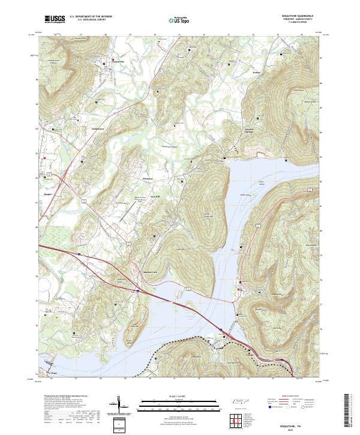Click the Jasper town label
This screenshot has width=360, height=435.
point(49,194)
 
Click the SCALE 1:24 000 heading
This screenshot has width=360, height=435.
point(179,397)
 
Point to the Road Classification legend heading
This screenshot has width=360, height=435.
point(290,397)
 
